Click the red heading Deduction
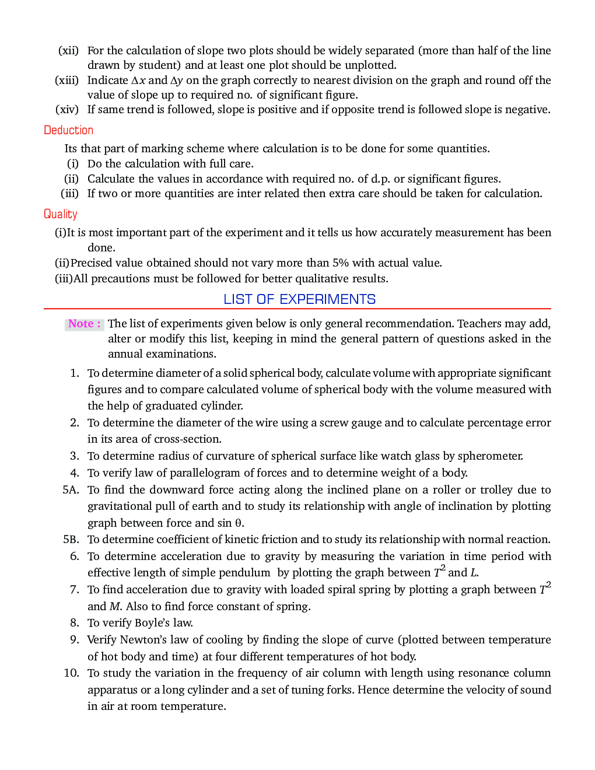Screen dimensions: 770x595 click(x=68, y=130)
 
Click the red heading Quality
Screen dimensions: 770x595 click(x=60, y=214)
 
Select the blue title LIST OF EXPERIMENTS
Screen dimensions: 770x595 click(x=299, y=299)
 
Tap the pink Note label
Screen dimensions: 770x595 click(x=84, y=324)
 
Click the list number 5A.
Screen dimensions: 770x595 click(x=71, y=490)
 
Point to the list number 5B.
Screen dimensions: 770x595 click(x=71, y=540)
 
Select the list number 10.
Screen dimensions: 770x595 click(x=71, y=673)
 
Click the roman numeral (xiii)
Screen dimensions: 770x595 click(x=66, y=80)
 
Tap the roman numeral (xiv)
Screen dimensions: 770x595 click(x=67, y=110)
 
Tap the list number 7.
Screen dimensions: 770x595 click(x=75, y=590)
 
